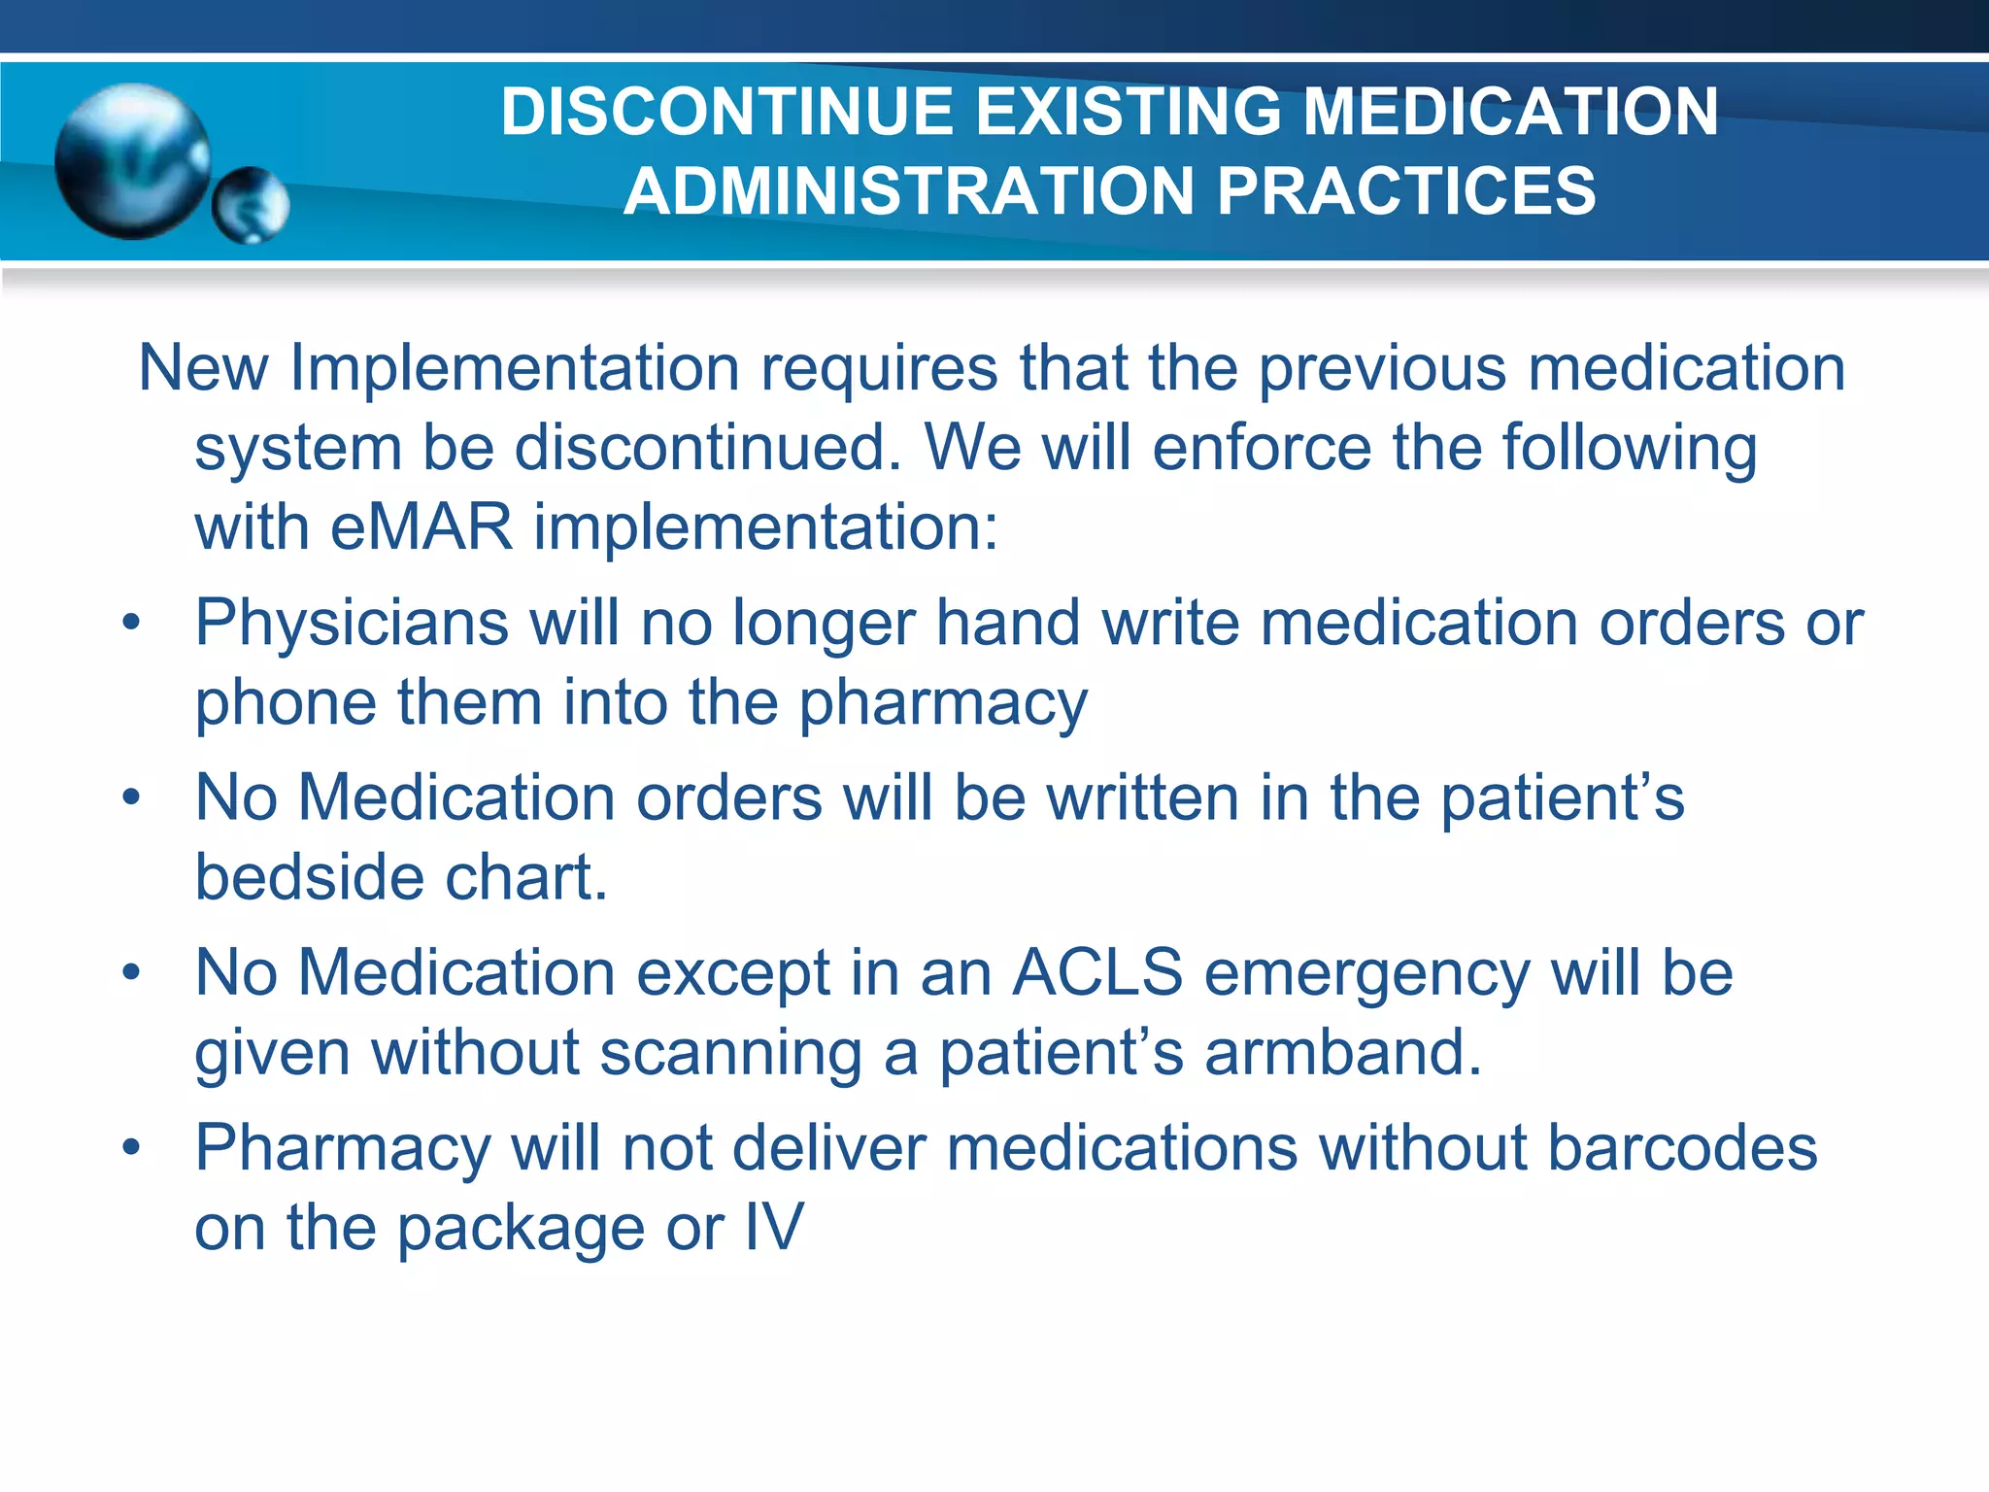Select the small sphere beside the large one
[251, 205]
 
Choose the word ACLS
[1096, 973]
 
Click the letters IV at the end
[774, 1228]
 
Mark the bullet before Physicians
[132, 623]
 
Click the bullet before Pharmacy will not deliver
[132, 1148]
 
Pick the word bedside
[309, 877]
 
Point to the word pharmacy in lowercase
[942, 703]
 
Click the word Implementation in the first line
[515, 368]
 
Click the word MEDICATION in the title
[1510, 112]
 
